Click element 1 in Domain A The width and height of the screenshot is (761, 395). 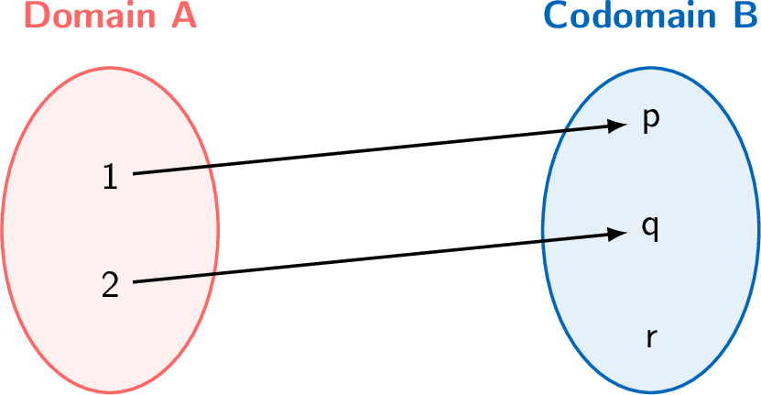[110, 176]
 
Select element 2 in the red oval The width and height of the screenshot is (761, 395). [110, 285]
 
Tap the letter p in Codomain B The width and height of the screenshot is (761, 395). [650, 120]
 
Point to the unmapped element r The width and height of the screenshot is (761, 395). [650, 337]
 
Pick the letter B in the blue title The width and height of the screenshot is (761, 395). [745, 15]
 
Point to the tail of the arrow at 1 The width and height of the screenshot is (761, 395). [136, 172]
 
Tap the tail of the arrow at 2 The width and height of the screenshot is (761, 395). [136, 281]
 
